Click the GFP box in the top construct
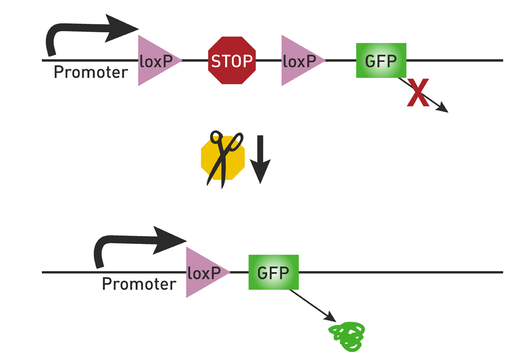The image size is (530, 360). coord(381,60)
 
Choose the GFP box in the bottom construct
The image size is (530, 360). coord(273,272)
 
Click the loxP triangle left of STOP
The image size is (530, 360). coord(156,60)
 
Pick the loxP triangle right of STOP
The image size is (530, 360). coord(299,60)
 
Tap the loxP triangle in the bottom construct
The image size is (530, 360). coord(204,272)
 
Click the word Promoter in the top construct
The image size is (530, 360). coord(91,73)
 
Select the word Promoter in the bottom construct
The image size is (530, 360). coord(139,284)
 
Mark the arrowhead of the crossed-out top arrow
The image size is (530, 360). coord(443,109)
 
